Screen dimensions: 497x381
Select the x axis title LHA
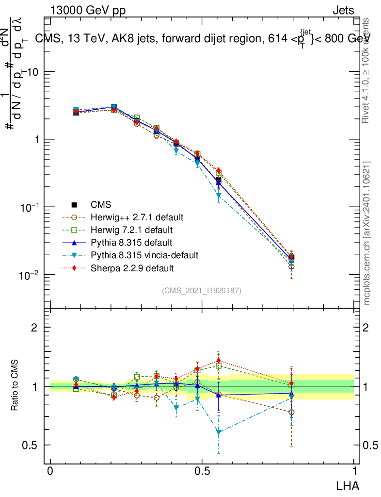point(348,485)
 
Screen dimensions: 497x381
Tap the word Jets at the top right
point(343,11)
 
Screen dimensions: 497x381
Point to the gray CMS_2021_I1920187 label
point(202,290)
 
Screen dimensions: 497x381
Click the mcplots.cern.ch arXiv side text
point(367,233)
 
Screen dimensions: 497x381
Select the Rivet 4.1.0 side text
point(367,70)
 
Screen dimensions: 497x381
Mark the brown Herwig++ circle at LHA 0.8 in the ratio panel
point(291,412)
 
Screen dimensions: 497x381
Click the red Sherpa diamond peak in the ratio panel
point(219,361)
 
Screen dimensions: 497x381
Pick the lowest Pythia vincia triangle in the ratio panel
point(219,432)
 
